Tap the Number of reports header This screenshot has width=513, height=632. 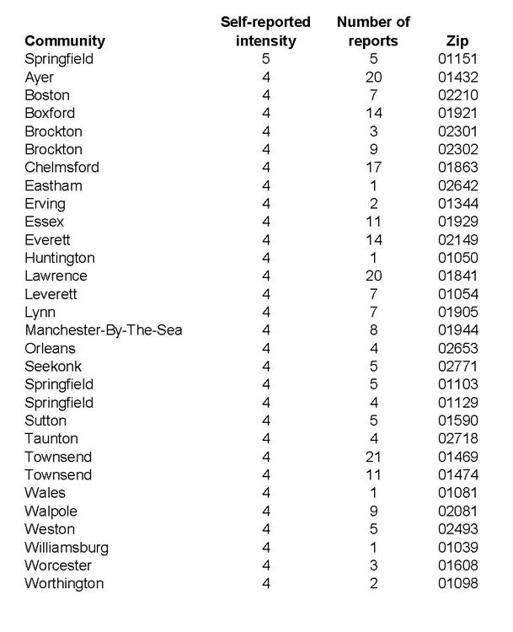(366, 30)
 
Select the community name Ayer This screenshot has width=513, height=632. (39, 78)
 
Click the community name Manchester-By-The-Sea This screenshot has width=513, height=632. (103, 330)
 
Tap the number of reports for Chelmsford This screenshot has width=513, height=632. (366, 168)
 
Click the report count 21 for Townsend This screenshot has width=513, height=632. (366, 458)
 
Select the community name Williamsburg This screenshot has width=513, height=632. (67, 548)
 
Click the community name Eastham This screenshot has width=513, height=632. (53, 185)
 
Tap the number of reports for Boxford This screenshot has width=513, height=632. (366, 113)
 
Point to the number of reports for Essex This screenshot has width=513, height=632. (366, 222)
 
